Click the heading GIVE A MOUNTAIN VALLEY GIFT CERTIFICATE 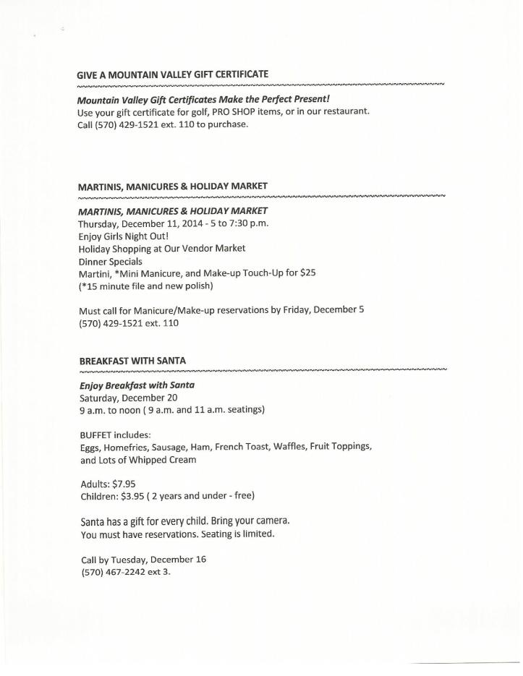tap(172, 74)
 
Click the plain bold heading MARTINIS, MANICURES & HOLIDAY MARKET tap(172, 187)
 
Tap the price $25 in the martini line tap(306, 273)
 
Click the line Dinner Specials tap(110, 261)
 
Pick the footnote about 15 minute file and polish tap(145, 286)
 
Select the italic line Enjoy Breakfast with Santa tap(137, 385)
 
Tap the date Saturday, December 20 tap(128, 398)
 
